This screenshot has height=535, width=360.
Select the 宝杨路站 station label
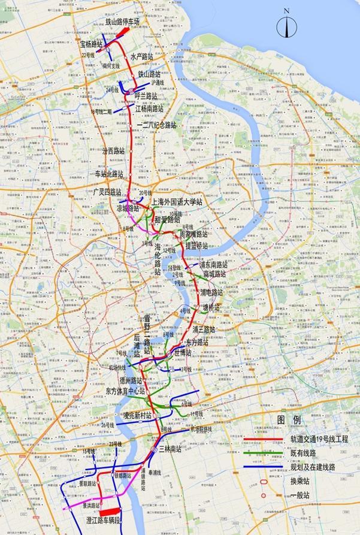tap(91, 44)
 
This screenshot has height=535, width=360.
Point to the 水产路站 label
tap(141, 56)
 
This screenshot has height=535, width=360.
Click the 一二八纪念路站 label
tap(157, 125)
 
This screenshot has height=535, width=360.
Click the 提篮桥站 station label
tap(196, 246)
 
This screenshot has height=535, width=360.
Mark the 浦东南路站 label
tap(213, 264)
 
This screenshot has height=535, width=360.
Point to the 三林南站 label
tap(170, 449)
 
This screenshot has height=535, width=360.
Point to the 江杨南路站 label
tap(149, 109)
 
